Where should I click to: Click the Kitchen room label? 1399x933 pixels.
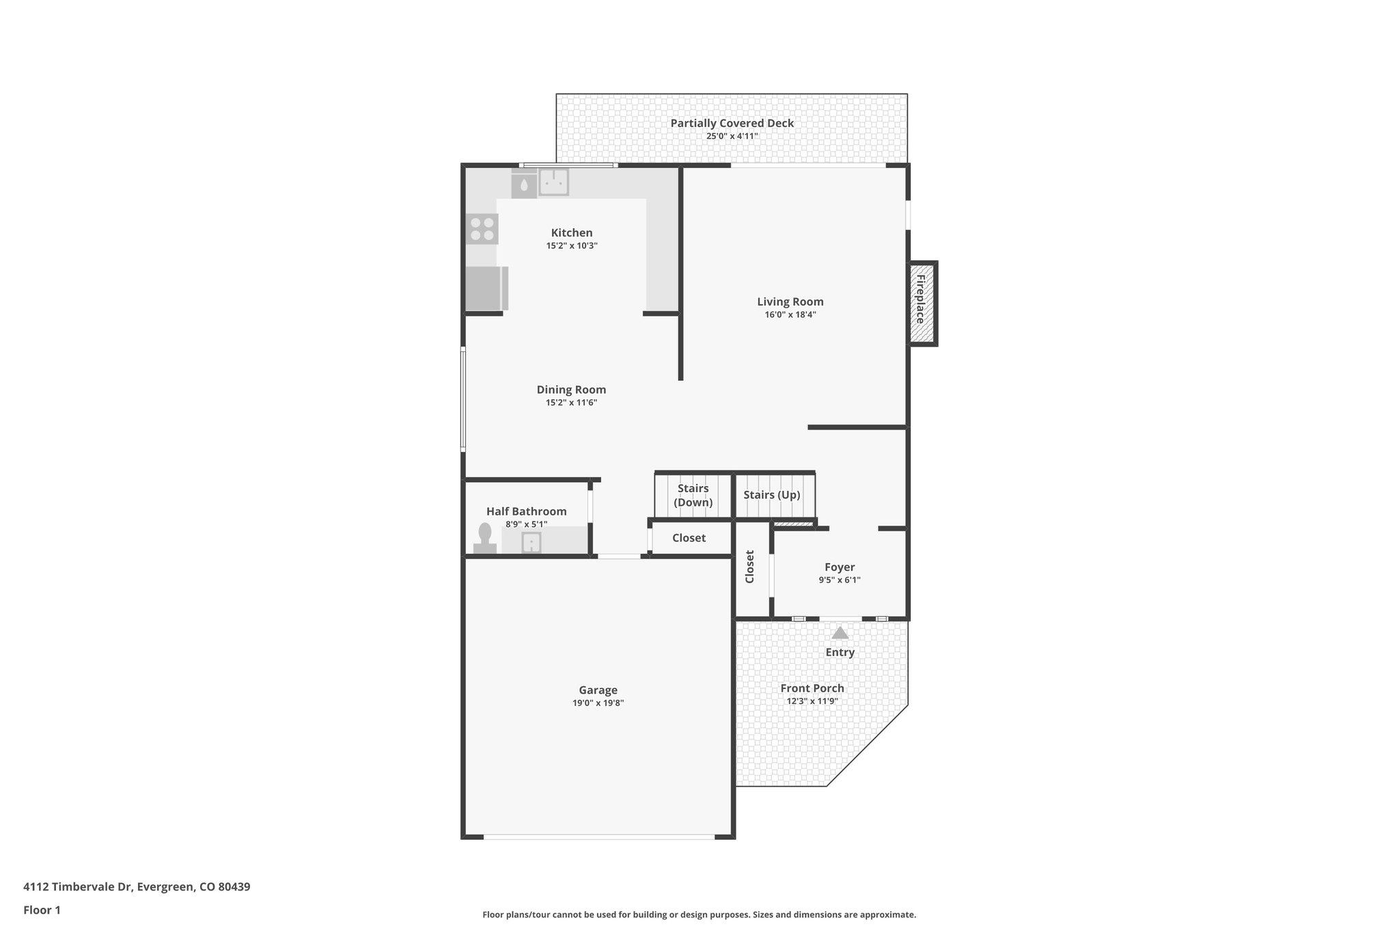[572, 233]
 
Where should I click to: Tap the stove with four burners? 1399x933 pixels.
[482, 229]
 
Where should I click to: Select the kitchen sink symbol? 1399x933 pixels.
[554, 182]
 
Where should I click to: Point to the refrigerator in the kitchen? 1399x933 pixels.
[486, 288]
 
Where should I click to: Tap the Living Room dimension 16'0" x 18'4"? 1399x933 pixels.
[790, 315]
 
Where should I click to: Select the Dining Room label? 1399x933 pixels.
[571, 390]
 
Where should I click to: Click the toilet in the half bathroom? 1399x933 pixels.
[485, 538]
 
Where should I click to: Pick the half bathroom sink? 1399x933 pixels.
[531, 543]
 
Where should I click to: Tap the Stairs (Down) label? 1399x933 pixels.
[693, 496]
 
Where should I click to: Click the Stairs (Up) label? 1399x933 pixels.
[771, 495]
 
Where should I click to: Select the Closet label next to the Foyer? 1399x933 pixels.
[750, 567]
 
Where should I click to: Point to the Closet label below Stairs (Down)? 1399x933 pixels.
[689, 538]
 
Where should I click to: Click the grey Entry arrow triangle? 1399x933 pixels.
[840, 633]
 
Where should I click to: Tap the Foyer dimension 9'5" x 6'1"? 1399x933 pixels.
[840, 580]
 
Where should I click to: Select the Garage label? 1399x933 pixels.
[598, 690]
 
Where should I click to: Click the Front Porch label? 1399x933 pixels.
[812, 688]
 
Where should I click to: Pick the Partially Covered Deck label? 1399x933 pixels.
[732, 124]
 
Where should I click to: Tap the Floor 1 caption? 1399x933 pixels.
[42, 910]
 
